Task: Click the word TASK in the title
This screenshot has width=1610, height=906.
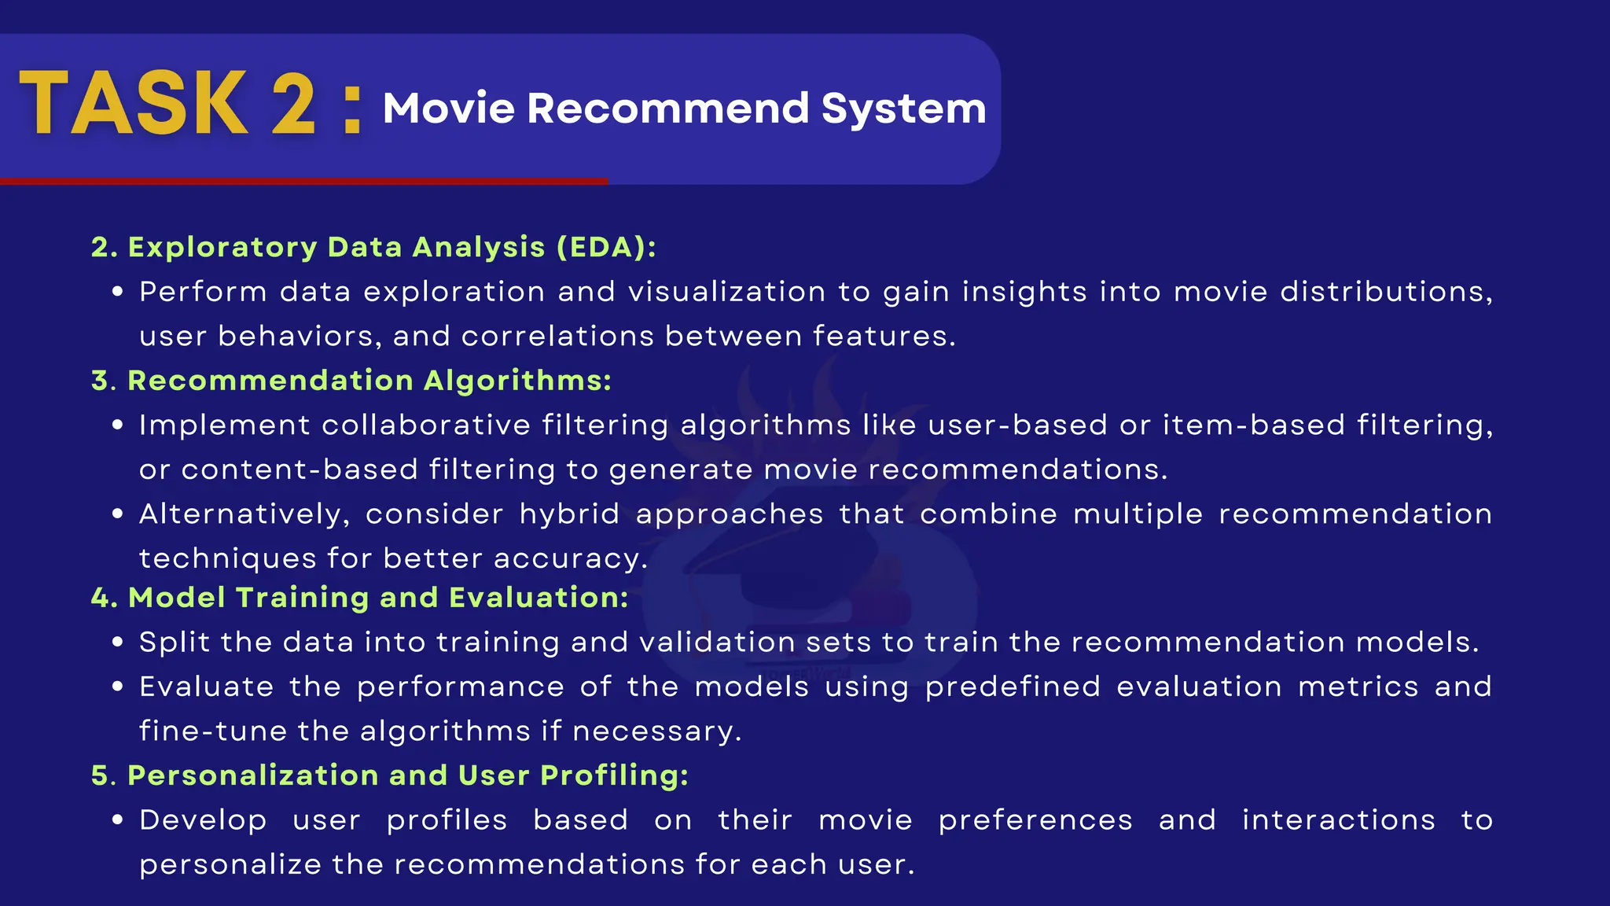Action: pos(134,104)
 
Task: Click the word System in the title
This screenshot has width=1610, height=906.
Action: pos(903,108)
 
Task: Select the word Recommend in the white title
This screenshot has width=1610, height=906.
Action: pos(668,108)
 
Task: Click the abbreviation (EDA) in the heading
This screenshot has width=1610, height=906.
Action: pos(606,247)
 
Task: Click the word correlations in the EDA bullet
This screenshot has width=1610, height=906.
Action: pos(557,337)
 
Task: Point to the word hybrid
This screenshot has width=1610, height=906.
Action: pos(569,514)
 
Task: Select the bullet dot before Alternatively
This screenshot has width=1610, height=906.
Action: pos(118,514)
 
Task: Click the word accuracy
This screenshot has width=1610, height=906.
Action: pos(570,559)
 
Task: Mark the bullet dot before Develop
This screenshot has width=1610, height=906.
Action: pos(118,820)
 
